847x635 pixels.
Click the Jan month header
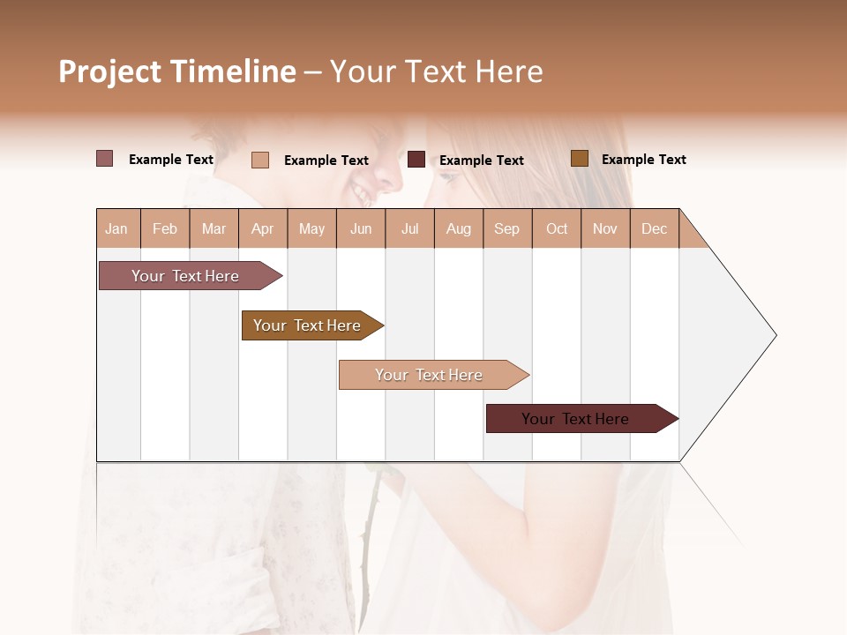point(117,228)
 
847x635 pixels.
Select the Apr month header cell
point(263,228)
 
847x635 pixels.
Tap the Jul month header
point(410,228)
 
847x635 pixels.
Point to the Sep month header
point(507,228)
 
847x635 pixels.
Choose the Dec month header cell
point(655,228)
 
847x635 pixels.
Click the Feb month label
point(165,228)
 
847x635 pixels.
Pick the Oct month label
point(557,228)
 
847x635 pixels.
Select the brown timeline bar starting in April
point(309,325)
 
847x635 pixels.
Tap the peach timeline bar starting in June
point(431,375)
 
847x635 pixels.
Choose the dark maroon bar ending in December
point(578,419)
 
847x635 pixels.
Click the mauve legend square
point(104,159)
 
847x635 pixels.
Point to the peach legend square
point(260,160)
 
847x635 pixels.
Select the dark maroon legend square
point(416,160)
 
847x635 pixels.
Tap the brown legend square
point(579,159)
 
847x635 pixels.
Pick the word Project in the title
point(110,71)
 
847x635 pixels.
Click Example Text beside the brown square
point(643,160)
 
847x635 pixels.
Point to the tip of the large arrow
point(775,335)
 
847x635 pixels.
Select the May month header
point(311,228)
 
